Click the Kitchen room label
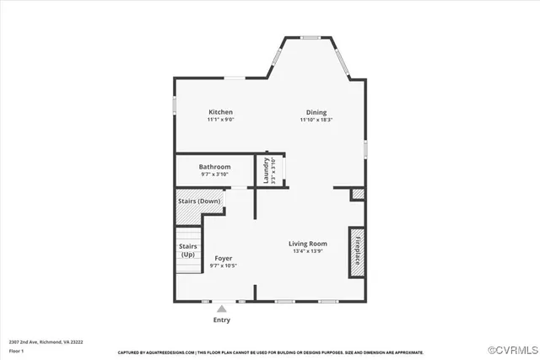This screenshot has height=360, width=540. [x=221, y=112]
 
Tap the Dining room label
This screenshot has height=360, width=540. [x=316, y=112]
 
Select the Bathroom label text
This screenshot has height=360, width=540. [x=215, y=167]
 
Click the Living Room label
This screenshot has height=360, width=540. [x=309, y=244]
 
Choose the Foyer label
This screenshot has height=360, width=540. [x=224, y=258]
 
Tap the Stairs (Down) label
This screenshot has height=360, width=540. [x=199, y=201]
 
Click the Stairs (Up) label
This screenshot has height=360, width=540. [x=187, y=250]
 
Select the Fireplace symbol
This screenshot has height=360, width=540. [x=357, y=251]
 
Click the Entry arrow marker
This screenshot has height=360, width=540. [x=222, y=309]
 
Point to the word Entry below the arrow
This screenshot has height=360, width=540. [x=222, y=320]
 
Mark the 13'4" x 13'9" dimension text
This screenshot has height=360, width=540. [x=309, y=251]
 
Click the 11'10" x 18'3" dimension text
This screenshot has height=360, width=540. [x=316, y=120]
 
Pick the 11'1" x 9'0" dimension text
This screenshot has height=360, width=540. [x=221, y=120]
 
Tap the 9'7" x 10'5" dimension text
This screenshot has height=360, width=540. [x=224, y=266]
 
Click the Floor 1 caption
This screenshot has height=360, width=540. [x=17, y=351]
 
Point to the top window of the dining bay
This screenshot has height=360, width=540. [x=311, y=37]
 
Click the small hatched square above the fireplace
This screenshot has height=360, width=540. [x=358, y=195]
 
